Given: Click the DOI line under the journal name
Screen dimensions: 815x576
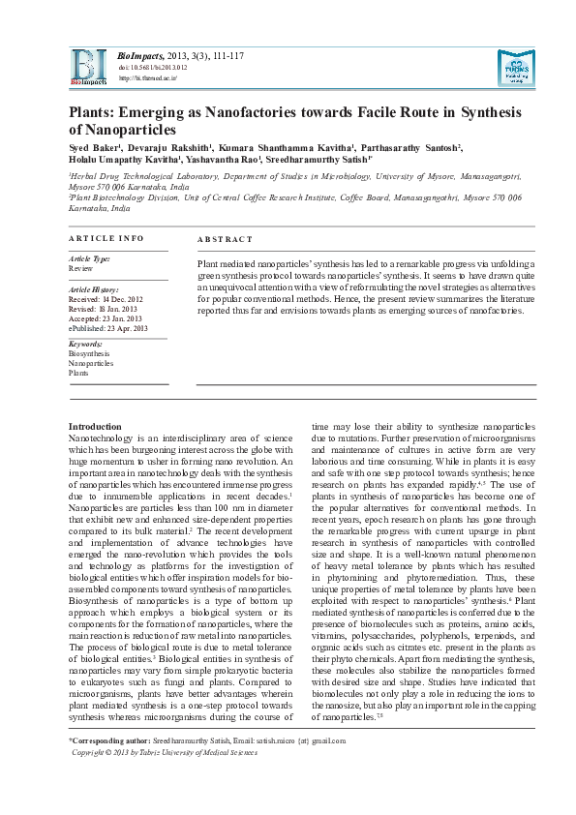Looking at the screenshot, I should point(153,69).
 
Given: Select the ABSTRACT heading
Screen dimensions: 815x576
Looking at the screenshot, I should point(225,239).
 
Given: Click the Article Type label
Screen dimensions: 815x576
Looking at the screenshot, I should point(89,259).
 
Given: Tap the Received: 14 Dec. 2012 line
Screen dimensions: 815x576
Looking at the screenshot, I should point(106,299).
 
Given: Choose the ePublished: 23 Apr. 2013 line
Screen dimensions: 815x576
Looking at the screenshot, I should point(107,328).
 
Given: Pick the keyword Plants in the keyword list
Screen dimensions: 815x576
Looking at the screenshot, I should point(77,373).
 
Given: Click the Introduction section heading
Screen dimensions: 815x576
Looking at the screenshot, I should point(95,427).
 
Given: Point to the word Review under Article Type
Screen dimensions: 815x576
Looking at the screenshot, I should point(80,268).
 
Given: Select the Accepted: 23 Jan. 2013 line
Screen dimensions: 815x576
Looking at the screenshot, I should point(106,318).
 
